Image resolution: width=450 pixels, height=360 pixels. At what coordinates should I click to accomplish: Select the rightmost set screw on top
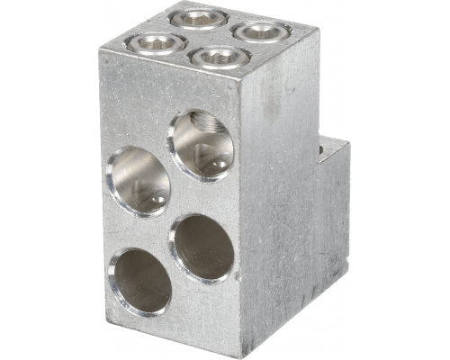[259, 31]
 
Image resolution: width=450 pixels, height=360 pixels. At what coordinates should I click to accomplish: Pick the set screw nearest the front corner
[217, 58]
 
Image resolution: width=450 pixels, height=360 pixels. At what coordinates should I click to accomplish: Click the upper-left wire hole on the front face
[139, 179]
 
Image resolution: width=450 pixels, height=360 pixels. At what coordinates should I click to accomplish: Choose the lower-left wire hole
[141, 280]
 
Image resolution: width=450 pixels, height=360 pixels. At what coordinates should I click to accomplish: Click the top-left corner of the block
[99, 50]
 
